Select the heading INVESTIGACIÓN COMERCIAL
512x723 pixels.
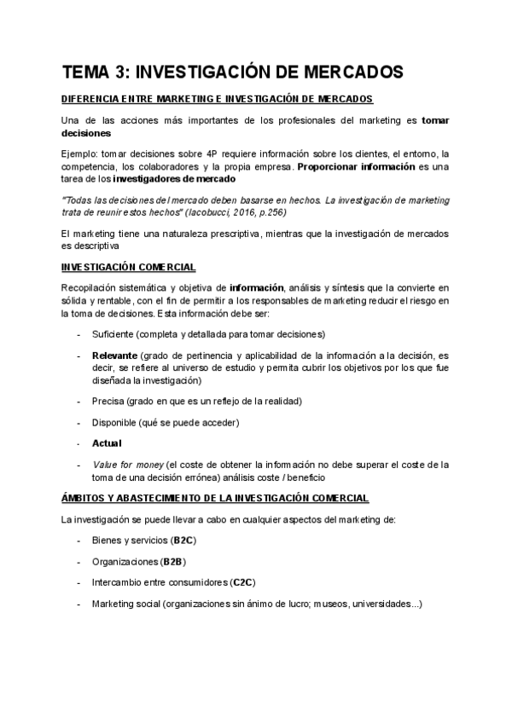tap(128, 267)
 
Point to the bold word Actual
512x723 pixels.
tap(107, 442)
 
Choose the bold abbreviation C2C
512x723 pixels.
tap(242, 582)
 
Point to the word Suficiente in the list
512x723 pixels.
tap(115, 333)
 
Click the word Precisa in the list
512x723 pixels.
tap(109, 401)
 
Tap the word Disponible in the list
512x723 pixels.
tap(116, 422)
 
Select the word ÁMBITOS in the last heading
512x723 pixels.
tap(84, 497)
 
